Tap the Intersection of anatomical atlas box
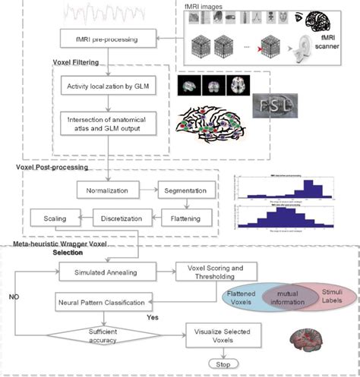click(108, 124)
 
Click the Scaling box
click(46, 220)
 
